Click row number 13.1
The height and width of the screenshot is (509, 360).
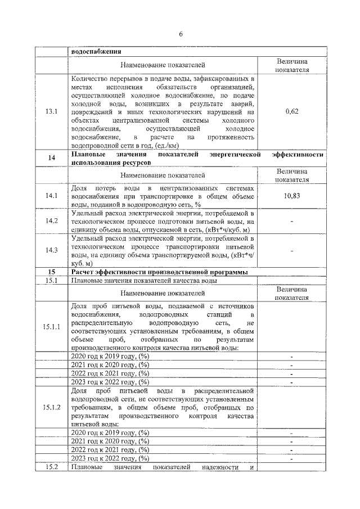coord(51,111)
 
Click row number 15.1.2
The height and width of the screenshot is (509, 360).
coord(51,407)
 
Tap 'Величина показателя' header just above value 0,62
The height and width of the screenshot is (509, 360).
coord(291,66)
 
